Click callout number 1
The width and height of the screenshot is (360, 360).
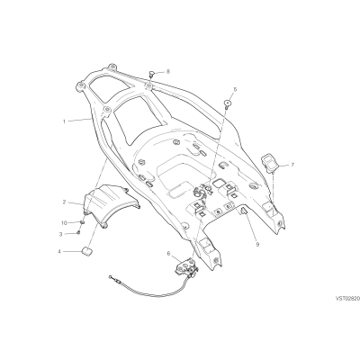[64, 121]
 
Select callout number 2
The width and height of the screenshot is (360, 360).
[64, 202]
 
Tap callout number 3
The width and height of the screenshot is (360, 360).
[61, 234]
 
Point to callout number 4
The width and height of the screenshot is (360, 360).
[59, 251]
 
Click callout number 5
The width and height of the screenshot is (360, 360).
[235, 89]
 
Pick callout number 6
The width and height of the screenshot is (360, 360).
[168, 254]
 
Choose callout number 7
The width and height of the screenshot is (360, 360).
[292, 165]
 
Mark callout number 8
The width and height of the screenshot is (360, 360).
[167, 72]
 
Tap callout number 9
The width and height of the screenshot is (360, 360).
[257, 245]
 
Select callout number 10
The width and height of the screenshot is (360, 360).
[64, 223]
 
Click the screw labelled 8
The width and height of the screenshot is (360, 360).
[152, 74]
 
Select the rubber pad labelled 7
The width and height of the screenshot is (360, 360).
[271, 163]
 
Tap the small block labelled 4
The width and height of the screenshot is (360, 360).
[87, 251]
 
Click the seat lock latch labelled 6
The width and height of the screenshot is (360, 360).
[186, 266]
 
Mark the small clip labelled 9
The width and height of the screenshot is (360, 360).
[243, 211]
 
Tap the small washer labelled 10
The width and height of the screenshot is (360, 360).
[82, 222]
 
